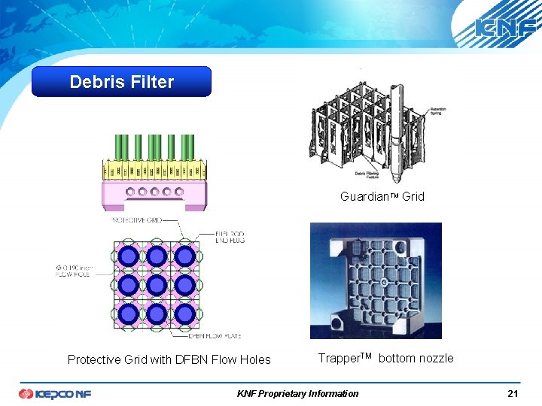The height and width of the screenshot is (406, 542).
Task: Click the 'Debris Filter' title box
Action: tap(121, 82)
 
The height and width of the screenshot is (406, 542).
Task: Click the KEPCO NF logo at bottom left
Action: tap(54, 393)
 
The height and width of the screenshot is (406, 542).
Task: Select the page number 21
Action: tap(512, 393)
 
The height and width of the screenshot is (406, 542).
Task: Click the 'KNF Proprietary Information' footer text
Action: tap(297, 393)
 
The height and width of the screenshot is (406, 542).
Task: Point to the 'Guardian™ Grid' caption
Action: tap(382, 196)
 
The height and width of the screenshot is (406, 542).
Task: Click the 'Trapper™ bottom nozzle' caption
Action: tap(385, 358)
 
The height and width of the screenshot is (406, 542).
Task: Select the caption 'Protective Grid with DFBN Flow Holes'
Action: tap(169, 359)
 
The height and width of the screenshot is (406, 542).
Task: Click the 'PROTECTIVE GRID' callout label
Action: tap(136, 220)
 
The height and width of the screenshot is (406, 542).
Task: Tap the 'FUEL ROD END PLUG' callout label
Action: tap(228, 237)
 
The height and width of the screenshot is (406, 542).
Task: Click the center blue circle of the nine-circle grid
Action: tap(157, 285)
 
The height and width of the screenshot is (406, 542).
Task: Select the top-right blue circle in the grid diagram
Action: tap(185, 256)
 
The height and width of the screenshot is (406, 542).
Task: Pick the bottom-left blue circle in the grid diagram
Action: tap(128, 314)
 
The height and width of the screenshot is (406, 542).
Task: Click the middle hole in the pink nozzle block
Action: tap(154, 191)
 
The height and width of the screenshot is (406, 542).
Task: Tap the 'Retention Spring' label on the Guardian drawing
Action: tap(437, 112)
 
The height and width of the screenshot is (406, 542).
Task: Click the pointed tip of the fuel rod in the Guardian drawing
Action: tap(397, 179)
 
